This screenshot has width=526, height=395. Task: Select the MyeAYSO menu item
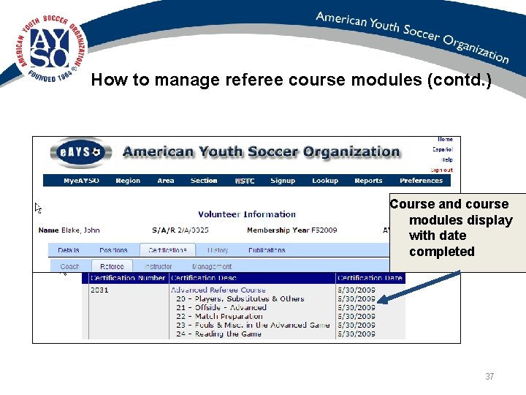pyautogui.click(x=81, y=181)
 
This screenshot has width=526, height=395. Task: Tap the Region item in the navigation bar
pyautogui.click(x=128, y=181)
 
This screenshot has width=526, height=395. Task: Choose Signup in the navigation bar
pyautogui.click(x=283, y=181)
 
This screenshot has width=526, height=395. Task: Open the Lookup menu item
pyautogui.click(x=325, y=181)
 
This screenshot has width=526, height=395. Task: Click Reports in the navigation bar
pyautogui.click(x=368, y=181)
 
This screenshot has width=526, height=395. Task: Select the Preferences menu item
pyautogui.click(x=421, y=181)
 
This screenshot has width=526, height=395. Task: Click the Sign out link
pyautogui.click(x=441, y=170)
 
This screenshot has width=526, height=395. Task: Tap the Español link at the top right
pyautogui.click(x=442, y=149)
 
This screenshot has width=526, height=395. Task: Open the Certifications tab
pyautogui.click(x=167, y=250)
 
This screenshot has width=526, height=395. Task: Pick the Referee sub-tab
pyautogui.click(x=112, y=267)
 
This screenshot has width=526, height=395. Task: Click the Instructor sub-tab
pyautogui.click(x=159, y=267)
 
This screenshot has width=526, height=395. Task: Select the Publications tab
pyautogui.click(x=267, y=250)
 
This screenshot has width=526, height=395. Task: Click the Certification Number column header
pyautogui.click(x=129, y=278)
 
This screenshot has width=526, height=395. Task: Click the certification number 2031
pyautogui.click(x=99, y=290)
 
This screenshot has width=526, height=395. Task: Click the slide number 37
pyautogui.click(x=489, y=377)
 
